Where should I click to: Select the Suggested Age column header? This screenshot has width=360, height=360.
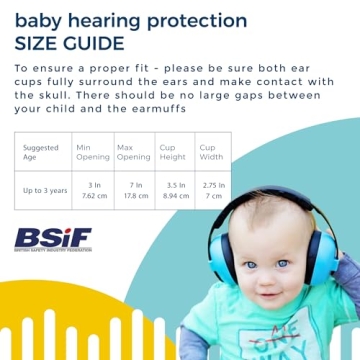click(x=37, y=152)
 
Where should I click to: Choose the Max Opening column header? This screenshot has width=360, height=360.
click(x=133, y=152)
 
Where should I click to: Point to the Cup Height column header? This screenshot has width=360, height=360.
click(x=175, y=152)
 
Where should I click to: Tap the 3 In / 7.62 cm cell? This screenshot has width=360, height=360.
click(x=92, y=190)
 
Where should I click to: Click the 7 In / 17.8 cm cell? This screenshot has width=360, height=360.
click(x=133, y=190)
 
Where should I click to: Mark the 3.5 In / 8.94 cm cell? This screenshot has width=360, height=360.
click(x=175, y=190)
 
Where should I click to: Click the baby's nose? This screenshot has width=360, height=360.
click(x=267, y=277)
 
